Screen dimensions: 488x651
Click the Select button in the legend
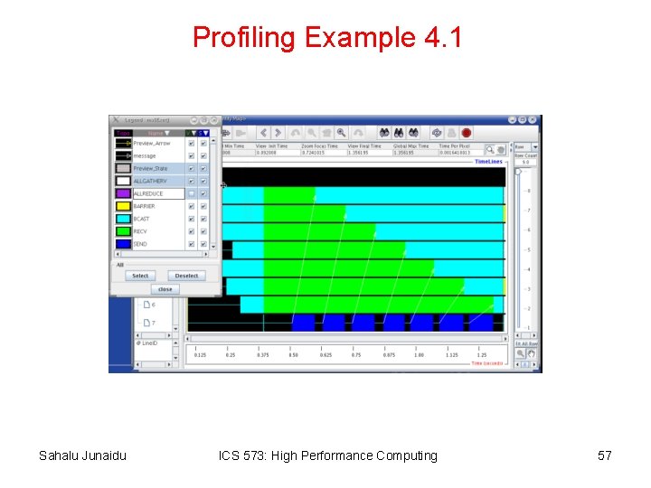(140, 276)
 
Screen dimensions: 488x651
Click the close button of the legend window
(165, 289)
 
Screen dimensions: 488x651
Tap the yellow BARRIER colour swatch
(123, 206)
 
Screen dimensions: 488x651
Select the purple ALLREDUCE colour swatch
(123, 193)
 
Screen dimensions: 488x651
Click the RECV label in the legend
(140, 231)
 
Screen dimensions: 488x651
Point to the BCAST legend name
(141, 219)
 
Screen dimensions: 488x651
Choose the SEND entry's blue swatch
(123, 244)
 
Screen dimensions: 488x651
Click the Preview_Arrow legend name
(151, 143)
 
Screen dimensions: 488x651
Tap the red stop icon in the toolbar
(467, 132)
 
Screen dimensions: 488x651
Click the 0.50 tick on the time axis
(293, 355)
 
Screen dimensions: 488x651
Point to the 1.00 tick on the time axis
(419, 355)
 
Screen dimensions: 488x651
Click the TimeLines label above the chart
(489, 162)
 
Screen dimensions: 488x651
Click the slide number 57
(605, 455)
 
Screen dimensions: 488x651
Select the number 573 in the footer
(257, 455)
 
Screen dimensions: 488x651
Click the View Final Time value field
(365, 152)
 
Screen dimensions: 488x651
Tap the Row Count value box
(525, 163)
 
